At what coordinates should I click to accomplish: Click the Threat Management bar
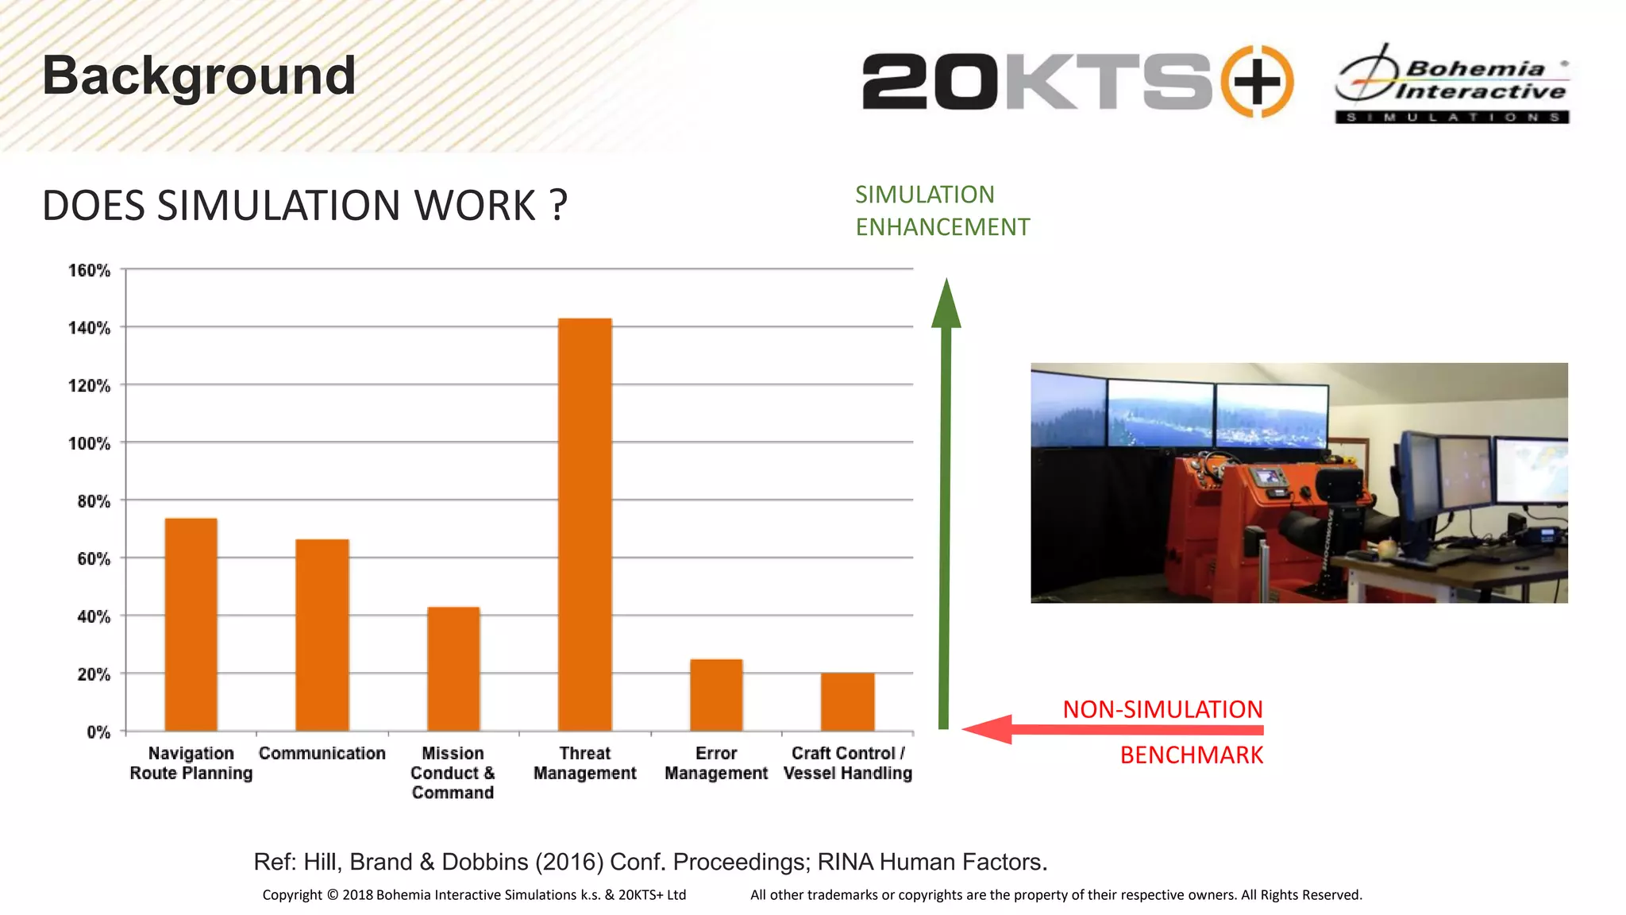pyautogui.click(x=585, y=524)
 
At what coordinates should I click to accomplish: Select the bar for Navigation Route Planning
pyautogui.click(x=191, y=624)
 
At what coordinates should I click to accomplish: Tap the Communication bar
pyautogui.click(x=322, y=635)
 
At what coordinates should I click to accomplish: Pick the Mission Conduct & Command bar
pyautogui.click(x=453, y=669)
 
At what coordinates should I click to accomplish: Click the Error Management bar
pyautogui.click(x=716, y=695)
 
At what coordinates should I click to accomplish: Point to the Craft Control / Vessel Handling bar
pyautogui.click(x=848, y=701)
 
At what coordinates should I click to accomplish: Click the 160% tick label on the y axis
pyautogui.click(x=89, y=271)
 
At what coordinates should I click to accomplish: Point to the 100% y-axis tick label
pyautogui.click(x=89, y=444)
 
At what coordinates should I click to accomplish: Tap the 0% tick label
pyautogui.click(x=98, y=732)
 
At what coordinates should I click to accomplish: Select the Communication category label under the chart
pyautogui.click(x=322, y=753)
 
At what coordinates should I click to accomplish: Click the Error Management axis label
pyautogui.click(x=716, y=763)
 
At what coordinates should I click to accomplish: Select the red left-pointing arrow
pyautogui.click(x=1112, y=729)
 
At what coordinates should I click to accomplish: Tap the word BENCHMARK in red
pyautogui.click(x=1191, y=755)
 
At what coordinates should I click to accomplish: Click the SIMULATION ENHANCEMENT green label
pyautogui.click(x=942, y=210)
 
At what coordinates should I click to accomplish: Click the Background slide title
pyautogui.click(x=198, y=76)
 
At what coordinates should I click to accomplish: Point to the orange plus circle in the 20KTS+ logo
pyautogui.click(x=1257, y=81)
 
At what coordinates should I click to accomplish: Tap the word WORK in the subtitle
pyautogui.click(x=475, y=206)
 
